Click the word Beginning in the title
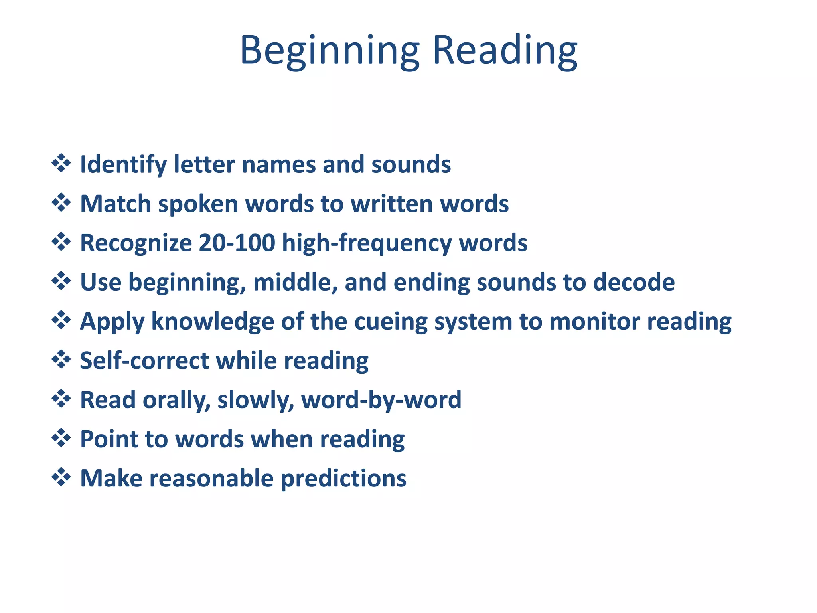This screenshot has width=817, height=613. [330, 51]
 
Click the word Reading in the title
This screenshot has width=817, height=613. [505, 50]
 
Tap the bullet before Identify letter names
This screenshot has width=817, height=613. [61, 163]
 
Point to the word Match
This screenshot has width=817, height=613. [115, 204]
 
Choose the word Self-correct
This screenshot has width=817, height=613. [144, 360]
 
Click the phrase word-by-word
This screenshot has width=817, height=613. [381, 399]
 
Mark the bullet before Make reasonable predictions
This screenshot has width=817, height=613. [61, 477]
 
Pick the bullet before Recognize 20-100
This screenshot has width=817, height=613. [61, 242]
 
